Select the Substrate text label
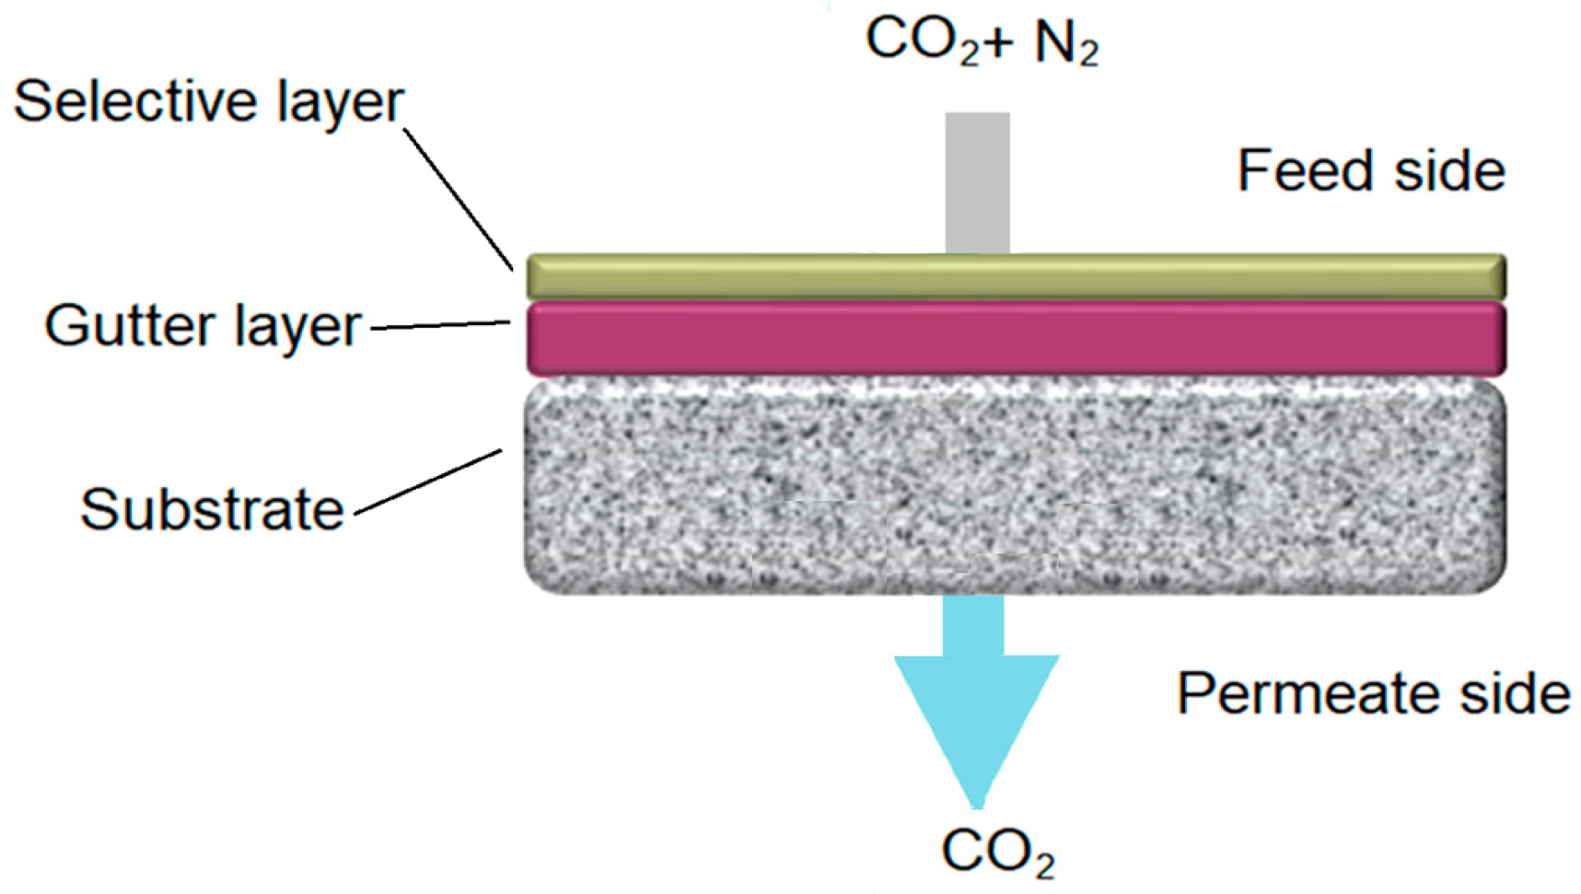tap(212, 509)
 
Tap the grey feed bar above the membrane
tap(977, 181)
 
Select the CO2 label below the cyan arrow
tap(997, 852)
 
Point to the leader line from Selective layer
tap(458, 198)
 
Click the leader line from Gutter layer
tap(440, 325)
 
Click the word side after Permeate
tap(1515, 692)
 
